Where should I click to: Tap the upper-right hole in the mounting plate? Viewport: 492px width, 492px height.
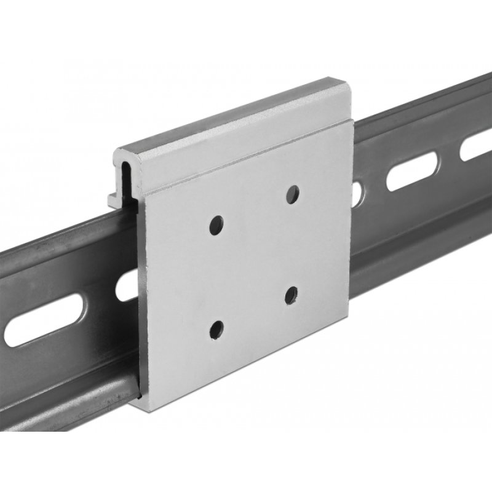(293, 194)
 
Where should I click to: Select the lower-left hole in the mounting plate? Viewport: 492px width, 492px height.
(216, 330)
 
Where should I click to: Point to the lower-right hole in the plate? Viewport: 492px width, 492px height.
(291, 295)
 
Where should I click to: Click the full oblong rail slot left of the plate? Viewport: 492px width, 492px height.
(44, 320)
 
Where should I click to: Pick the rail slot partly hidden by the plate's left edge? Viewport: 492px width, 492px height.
(128, 285)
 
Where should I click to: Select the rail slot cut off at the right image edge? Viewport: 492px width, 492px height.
(477, 146)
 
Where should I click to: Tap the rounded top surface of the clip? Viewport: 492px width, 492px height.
(234, 117)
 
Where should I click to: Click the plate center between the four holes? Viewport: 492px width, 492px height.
(253, 261)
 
